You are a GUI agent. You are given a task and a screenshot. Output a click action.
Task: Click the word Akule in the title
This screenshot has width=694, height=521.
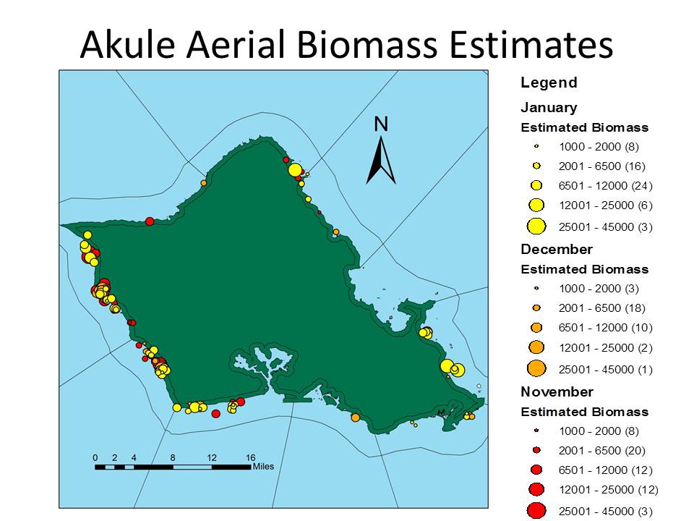[x=128, y=45]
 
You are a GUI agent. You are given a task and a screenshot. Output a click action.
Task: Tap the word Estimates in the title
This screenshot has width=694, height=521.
[x=531, y=45]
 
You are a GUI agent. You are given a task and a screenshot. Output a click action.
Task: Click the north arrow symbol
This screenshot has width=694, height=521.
[x=381, y=160]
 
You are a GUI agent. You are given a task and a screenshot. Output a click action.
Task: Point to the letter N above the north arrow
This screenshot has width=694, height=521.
[x=381, y=124]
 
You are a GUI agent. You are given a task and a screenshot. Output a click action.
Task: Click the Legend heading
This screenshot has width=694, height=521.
[x=549, y=82]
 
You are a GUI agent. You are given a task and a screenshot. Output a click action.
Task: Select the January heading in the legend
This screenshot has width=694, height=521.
[x=549, y=108]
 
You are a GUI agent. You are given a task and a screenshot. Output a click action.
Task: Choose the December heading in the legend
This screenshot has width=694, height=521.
[x=557, y=249]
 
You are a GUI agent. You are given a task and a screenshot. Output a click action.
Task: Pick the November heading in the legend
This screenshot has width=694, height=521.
[x=557, y=391]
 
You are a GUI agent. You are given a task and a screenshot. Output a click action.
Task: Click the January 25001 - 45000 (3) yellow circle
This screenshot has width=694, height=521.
[x=536, y=226]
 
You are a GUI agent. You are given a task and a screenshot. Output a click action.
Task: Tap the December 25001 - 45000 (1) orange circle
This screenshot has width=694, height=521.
[x=536, y=368]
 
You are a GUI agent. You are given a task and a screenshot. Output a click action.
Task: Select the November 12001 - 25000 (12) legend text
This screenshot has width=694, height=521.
[x=609, y=490]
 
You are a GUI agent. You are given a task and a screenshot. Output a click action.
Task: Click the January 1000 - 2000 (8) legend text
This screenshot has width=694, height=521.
[x=599, y=147]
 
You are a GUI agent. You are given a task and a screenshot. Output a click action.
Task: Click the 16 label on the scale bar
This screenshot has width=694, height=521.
[x=251, y=457]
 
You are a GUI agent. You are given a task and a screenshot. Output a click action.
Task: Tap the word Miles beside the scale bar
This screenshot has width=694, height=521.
[x=263, y=467]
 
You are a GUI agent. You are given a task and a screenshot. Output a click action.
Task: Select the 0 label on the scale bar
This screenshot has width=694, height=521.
[x=95, y=457]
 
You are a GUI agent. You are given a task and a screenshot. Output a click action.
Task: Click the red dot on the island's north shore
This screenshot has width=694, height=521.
[x=150, y=221]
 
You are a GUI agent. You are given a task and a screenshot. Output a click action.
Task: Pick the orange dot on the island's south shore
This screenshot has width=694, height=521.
[x=355, y=418]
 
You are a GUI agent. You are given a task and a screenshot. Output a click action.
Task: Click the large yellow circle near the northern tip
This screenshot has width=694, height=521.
[x=295, y=169]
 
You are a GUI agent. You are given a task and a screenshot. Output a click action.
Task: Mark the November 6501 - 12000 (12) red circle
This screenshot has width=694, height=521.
[x=536, y=470]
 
